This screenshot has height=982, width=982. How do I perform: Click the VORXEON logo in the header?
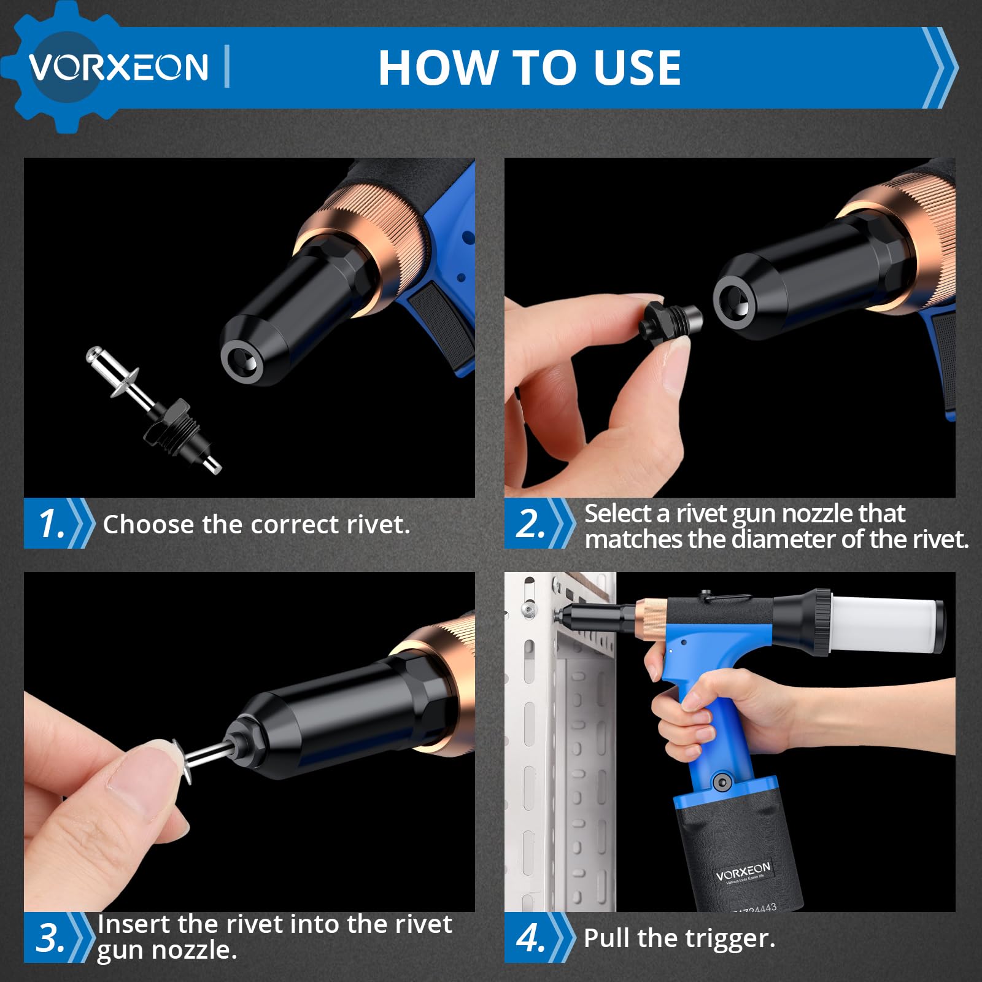pos(118,66)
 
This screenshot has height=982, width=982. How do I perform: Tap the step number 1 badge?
pos(59,524)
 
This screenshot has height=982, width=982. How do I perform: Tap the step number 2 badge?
pos(539,524)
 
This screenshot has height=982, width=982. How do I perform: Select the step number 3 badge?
pos(59,937)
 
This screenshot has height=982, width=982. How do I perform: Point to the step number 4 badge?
pos(539,937)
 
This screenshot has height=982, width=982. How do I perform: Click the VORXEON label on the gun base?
pos(743,872)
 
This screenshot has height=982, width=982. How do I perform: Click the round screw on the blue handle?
pos(722,782)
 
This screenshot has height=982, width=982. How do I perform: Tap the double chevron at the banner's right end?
pos(940,68)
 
